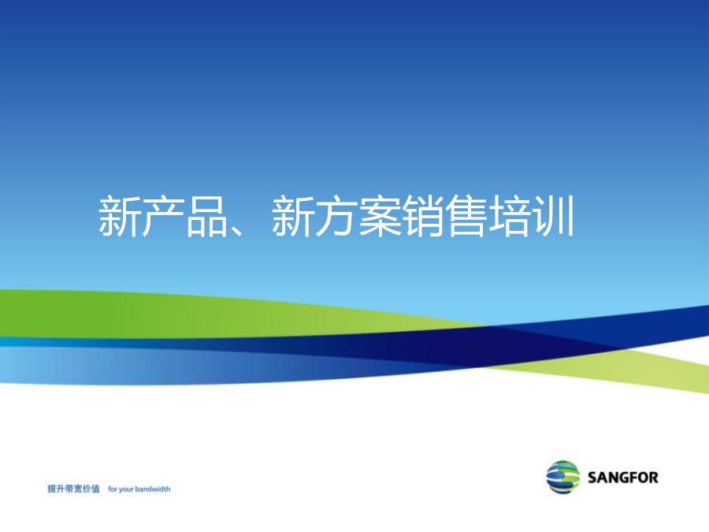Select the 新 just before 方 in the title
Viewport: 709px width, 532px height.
tap(292, 216)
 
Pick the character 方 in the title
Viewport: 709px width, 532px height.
tap(336, 216)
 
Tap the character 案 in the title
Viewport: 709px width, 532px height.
tap(380, 216)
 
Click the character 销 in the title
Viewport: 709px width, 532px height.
tap(423, 216)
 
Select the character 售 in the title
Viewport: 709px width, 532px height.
tap(467, 216)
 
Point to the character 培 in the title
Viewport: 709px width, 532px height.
tap(510, 216)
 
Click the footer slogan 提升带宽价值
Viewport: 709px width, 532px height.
tap(74, 489)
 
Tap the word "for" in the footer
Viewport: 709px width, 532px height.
tap(112, 489)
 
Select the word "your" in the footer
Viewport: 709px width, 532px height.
tap(126, 490)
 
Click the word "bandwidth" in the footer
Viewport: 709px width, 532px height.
tap(153, 489)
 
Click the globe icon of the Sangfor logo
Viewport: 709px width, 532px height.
tap(563, 478)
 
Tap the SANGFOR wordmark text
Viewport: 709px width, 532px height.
tap(623, 478)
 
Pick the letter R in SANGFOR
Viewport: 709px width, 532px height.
tap(653, 478)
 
